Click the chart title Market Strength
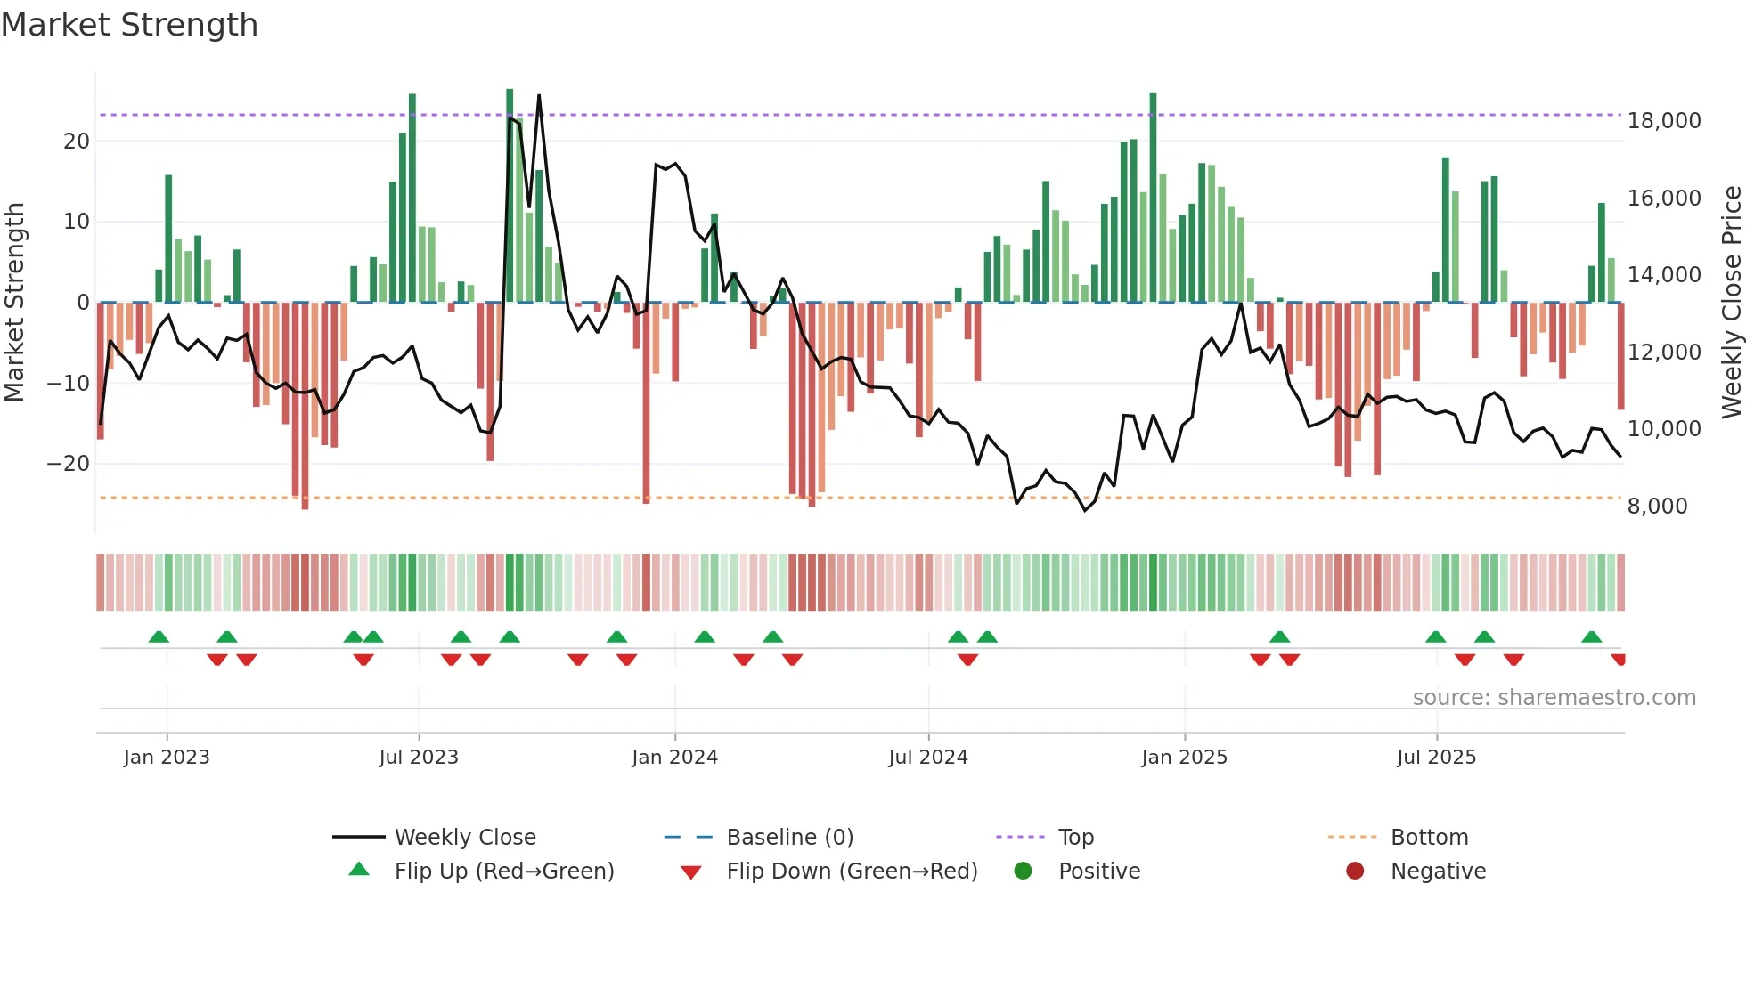pyautogui.click(x=129, y=25)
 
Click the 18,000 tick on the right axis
pyautogui.click(x=1663, y=121)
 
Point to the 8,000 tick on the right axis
pyautogui.click(x=1657, y=507)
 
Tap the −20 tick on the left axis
pyautogui.click(x=68, y=464)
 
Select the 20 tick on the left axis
pyautogui.click(x=77, y=142)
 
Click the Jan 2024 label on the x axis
pyautogui.click(x=674, y=758)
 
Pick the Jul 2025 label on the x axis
pyautogui.click(x=1436, y=758)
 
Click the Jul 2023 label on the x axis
pyautogui.click(x=418, y=758)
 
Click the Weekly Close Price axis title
pyautogui.click(x=1731, y=303)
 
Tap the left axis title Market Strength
pyautogui.click(x=14, y=303)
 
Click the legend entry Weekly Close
pyautogui.click(x=464, y=838)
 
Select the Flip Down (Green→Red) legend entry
pyautogui.click(x=851, y=872)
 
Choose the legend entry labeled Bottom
pyautogui.click(x=1428, y=838)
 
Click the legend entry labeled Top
pyautogui.click(x=1075, y=838)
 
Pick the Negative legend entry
pyautogui.click(x=1437, y=872)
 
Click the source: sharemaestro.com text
pyautogui.click(x=1554, y=698)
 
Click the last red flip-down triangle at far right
pyautogui.click(x=1619, y=660)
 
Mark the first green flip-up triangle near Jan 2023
pyautogui.click(x=159, y=636)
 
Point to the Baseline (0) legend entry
pyautogui.click(x=789, y=838)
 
